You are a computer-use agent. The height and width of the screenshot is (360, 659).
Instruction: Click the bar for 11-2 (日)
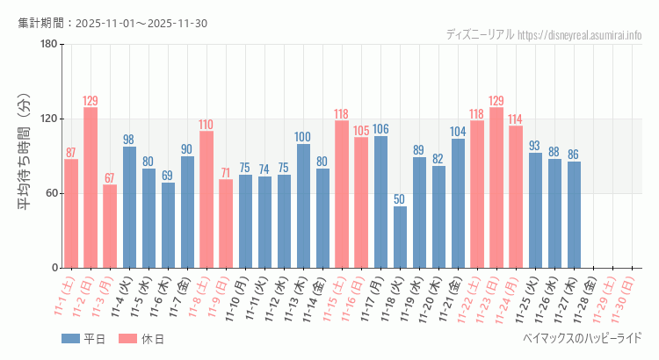pyautogui.click(x=91, y=188)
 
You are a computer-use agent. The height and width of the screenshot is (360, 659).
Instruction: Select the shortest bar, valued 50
pyautogui.click(x=400, y=237)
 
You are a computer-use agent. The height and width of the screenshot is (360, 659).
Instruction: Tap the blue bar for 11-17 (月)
pyautogui.click(x=380, y=202)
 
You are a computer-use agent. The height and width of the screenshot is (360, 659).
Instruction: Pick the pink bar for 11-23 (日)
pyautogui.click(x=496, y=188)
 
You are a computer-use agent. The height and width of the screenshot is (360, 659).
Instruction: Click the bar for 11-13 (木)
pyautogui.click(x=303, y=205)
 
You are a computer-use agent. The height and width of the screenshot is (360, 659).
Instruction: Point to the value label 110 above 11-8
pyautogui.click(x=206, y=125)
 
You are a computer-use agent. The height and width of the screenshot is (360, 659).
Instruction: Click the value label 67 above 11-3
pyautogui.click(x=110, y=178)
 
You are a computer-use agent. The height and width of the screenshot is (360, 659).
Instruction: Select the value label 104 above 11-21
pyautogui.click(x=458, y=132)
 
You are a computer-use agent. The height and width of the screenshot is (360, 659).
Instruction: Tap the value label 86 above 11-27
pyautogui.click(x=574, y=155)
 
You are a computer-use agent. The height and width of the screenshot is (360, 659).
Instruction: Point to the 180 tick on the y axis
pyautogui.click(x=48, y=45)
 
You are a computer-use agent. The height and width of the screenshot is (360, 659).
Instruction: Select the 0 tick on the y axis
pyautogui.click(x=54, y=268)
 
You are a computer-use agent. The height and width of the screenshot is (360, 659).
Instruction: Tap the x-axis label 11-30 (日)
pyautogui.click(x=628, y=297)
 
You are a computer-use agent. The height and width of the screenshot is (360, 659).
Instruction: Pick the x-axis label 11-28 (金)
pyautogui.click(x=590, y=297)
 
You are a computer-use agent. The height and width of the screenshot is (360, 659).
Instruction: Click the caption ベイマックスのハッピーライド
pyautogui.click(x=582, y=338)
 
